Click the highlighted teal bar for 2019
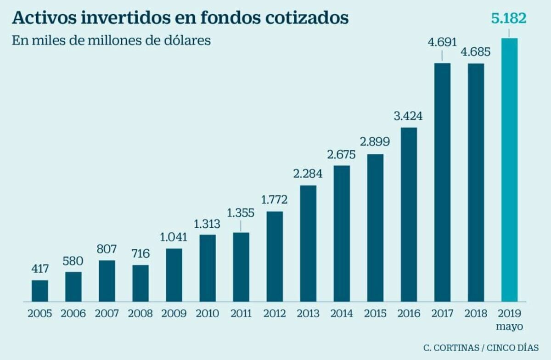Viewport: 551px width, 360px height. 509,170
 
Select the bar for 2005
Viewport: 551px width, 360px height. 40,291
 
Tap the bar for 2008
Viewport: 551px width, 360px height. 141,283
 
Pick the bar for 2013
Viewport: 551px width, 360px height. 308,243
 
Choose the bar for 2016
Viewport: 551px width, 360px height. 409,214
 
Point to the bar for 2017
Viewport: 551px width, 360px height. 442,182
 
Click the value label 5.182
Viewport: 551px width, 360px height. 509,19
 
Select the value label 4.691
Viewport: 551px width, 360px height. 442,43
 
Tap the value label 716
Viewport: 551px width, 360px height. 141,253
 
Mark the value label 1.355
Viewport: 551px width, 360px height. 241,214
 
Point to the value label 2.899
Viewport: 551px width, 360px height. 375,142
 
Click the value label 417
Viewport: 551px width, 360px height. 40,269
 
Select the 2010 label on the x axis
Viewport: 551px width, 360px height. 208,314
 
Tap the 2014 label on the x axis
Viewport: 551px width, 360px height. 342,314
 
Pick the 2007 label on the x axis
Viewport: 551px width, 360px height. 107,314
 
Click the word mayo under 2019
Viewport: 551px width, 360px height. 509,327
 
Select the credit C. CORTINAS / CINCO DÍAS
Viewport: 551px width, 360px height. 480,348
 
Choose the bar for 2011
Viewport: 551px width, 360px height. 241,267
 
